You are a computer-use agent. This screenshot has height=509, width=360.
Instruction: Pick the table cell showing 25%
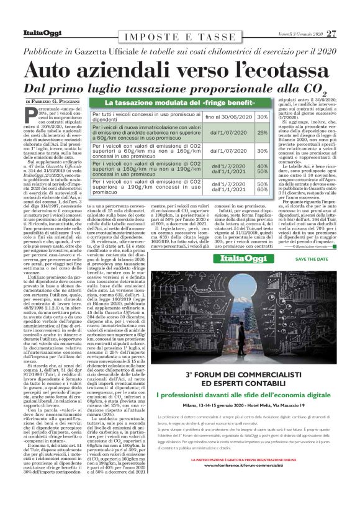pos(263,132)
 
